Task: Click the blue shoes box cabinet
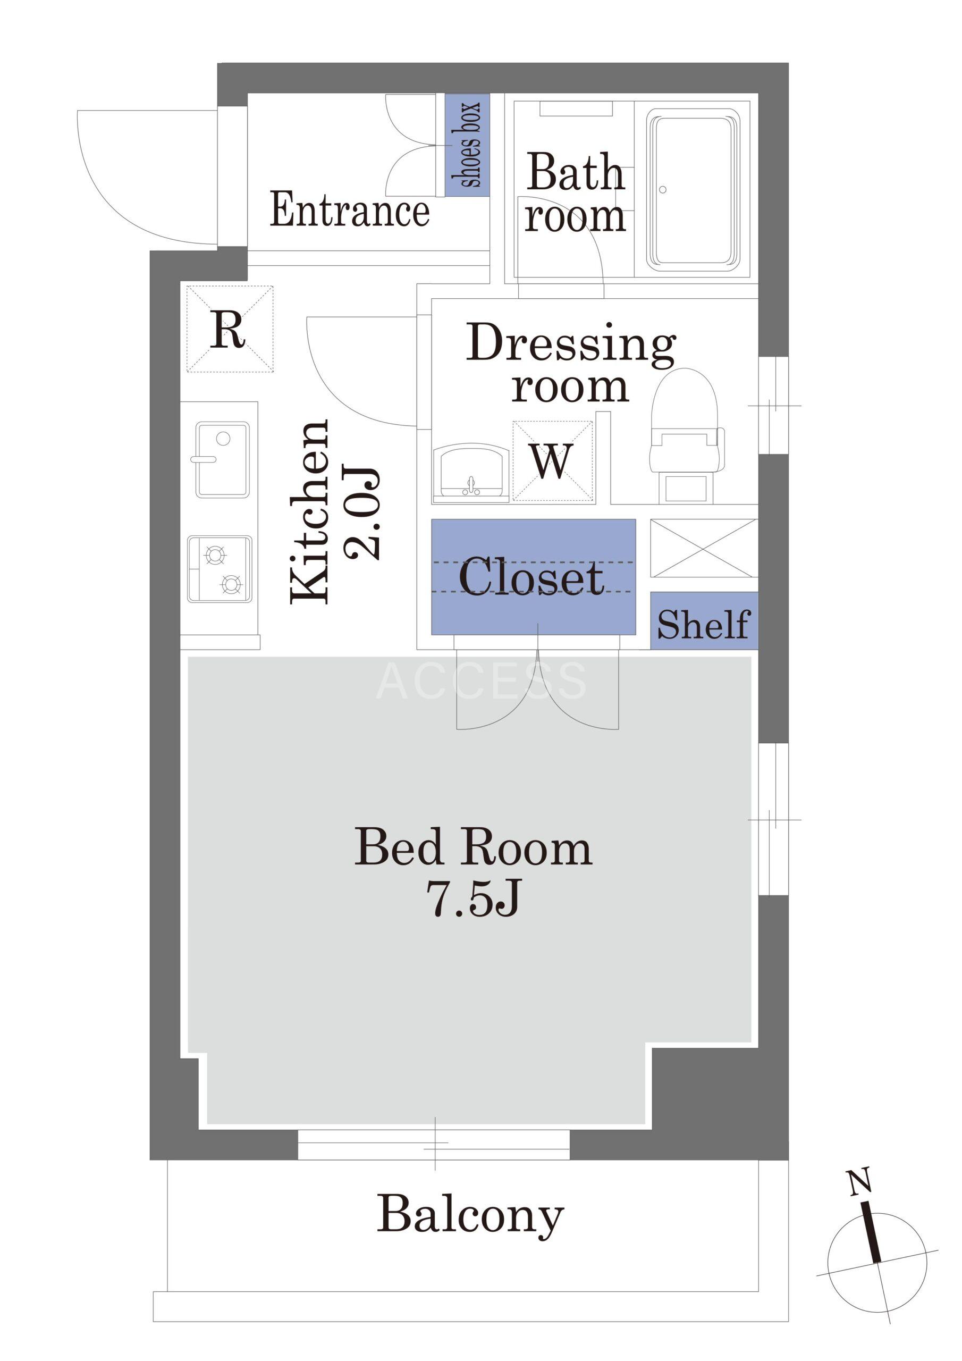(x=467, y=145)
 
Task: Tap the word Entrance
(x=350, y=210)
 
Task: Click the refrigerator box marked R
(x=230, y=329)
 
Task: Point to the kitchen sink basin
(x=222, y=459)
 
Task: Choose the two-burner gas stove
(x=220, y=569)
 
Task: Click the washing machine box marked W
(x=552, y=461)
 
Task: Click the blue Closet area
(x=534, y=577)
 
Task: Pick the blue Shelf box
(x=704, y=620)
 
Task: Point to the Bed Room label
(x=473, y=848)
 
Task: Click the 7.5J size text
(x=474, y=898)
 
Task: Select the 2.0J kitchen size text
(x=361, y=514)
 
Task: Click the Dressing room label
(x=571, y=363)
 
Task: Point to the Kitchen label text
(x=309, y=512)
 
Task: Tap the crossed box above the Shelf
(x=704, y=548)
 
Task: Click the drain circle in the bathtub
(x=663, y=190)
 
